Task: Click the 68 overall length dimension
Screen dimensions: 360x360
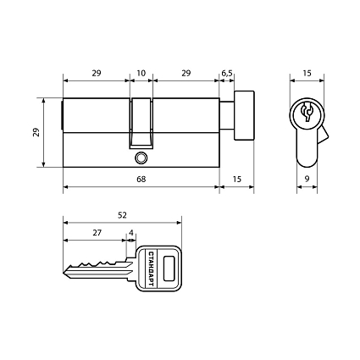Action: pos(141,179)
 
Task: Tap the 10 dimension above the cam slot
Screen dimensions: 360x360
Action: pos(141,73)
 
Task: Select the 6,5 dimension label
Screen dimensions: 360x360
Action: pos(227,74)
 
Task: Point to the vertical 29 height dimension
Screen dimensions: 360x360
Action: pos(36,132)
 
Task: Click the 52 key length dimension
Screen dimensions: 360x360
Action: pos(122,215)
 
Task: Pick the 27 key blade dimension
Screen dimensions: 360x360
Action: pos(97,233)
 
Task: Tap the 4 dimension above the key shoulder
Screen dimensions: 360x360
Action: pos(131,233)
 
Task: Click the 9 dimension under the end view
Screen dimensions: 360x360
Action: pos(307,179)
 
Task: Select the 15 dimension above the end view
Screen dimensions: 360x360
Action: pos(307,73)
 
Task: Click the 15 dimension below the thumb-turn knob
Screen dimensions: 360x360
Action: pos(237,179)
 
